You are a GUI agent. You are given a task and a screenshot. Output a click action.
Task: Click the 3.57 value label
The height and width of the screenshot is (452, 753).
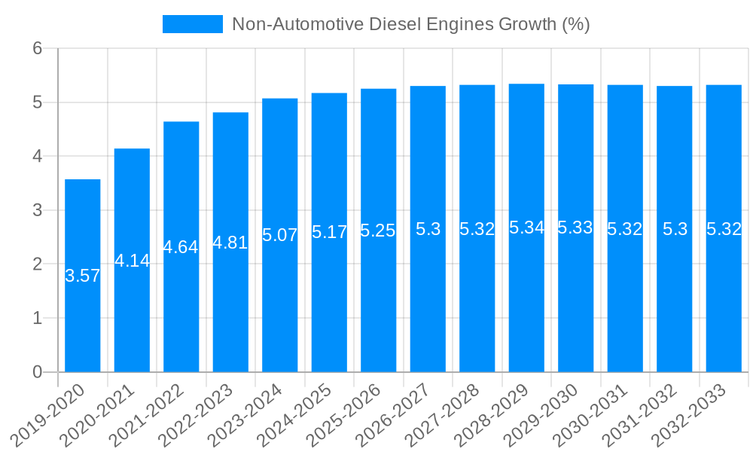coord(83,276)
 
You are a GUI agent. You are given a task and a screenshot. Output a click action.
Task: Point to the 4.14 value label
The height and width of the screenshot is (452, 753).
coord(133,261)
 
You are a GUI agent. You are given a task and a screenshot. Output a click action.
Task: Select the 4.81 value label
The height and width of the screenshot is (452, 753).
coord(230,243)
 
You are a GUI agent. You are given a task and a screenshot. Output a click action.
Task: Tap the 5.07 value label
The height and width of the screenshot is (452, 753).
coord(280,235)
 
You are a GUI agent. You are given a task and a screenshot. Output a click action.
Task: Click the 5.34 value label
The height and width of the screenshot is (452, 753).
coord(526,228)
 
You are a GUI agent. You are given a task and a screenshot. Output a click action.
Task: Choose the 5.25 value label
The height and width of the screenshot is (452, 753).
coord(378,231)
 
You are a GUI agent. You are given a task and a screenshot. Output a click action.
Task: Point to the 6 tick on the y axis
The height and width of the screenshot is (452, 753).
coord(38,49)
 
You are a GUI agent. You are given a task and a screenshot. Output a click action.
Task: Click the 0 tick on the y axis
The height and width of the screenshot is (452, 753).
coord(38,372)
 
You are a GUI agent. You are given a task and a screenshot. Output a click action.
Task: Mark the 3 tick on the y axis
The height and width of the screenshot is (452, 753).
coord(38,210)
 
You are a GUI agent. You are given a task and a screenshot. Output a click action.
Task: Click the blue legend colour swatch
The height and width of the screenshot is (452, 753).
coord(193,24)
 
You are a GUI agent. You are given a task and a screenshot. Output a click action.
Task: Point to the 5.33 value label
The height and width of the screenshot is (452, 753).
coord(575,228)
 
